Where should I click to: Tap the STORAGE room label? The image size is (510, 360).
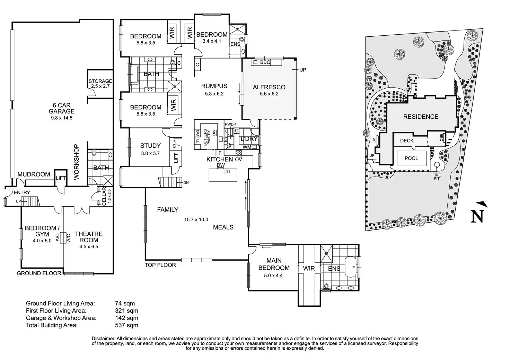100,81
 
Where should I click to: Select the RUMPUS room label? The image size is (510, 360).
214,86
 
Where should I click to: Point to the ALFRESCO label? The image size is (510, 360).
269,87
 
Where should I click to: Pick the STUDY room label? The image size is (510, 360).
150,146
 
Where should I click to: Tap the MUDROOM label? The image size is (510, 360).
34,174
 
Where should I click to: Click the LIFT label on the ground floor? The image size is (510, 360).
61,178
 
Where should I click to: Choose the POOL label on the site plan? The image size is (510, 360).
411,158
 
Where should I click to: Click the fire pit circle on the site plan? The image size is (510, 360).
437,165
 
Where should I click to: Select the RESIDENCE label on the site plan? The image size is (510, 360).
421,117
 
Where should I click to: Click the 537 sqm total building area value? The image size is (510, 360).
126,325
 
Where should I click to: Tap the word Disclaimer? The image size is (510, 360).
103,338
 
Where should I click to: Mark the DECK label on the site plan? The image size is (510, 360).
407,141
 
